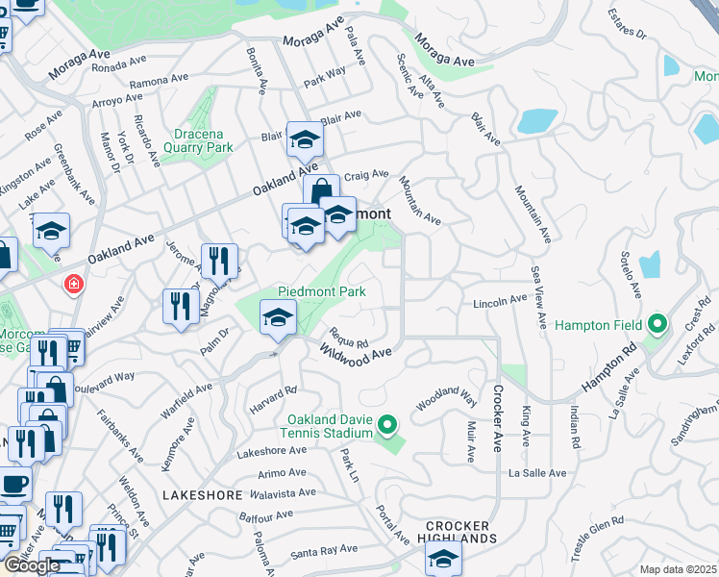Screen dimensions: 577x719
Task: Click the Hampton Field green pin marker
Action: pyautogui.click(x=658, y=324)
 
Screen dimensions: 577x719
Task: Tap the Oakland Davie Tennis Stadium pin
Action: pyautogui.click(x=387, y=423)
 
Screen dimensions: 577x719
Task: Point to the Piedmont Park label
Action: pyautogui.click(x=321, y=291)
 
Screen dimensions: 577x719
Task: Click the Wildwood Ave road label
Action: pyautogui.click(x=356, y=355)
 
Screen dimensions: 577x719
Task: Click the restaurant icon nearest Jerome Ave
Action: pyautogui.click(x=219, y=260)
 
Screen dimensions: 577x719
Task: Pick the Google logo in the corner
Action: pyautogui.click(x=32, y=565)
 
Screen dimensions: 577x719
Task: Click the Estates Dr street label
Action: pyautogui.click(x=629, y=26)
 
